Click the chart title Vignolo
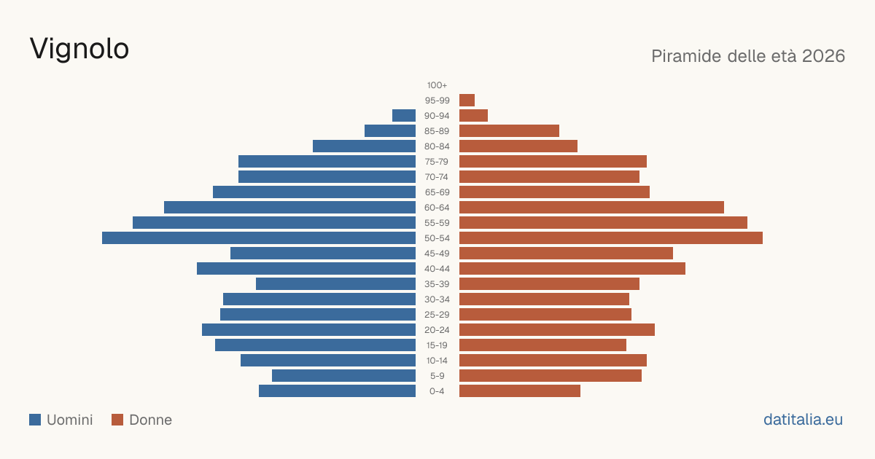79,50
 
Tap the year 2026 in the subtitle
823,56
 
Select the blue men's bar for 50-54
259,238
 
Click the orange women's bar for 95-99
467,101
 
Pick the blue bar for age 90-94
404,116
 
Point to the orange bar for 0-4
520,391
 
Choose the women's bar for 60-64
591,207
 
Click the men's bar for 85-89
390,130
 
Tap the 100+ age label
437,85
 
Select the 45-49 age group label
437,254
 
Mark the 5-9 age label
437,376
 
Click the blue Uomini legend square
35,420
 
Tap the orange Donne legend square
117,420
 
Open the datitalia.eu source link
803,420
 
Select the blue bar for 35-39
335,283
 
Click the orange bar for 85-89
509,130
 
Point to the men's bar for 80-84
364,146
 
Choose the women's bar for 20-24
557,330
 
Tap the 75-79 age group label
437,162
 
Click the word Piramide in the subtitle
686,56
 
